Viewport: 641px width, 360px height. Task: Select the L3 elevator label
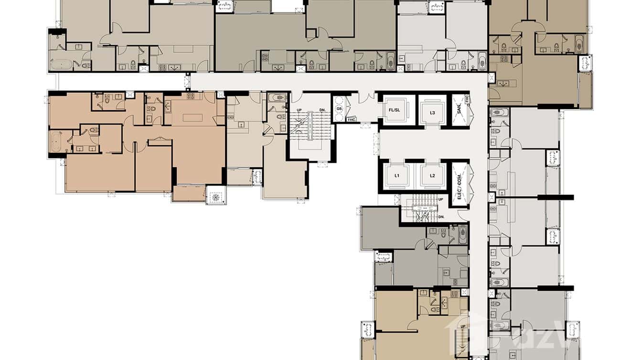pos(432,113)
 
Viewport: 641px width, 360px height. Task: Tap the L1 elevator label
pos(397,175)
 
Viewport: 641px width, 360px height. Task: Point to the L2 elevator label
pos(432,175)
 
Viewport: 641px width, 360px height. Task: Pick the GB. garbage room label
pos(339,109)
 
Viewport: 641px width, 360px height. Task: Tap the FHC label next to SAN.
pos(467,100)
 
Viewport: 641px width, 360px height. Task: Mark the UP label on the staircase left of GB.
pos(299,110)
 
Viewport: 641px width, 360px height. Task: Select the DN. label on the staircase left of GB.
pos(322,110)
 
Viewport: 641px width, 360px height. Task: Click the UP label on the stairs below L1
pos(440,200)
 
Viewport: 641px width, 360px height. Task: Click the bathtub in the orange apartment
pos(54,141)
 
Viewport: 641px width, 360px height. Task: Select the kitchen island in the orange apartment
pos(193,117)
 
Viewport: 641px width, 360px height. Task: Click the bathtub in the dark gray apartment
pos(462,234)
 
